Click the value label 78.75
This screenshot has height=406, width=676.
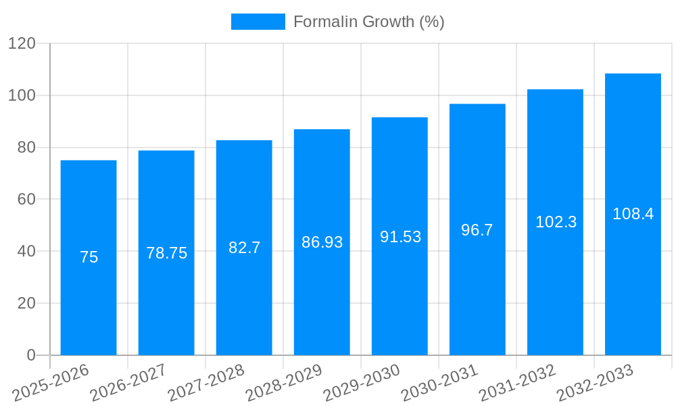166,253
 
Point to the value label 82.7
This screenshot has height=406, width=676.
244,248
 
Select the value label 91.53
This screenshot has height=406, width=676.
400,237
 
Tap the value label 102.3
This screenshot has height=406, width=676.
556,222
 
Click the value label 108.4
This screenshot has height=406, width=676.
633,214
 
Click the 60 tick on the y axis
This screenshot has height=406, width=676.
26,200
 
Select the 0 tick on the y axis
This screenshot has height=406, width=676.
31,355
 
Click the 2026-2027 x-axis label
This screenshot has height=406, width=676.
128,383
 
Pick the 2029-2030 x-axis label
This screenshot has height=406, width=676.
362,383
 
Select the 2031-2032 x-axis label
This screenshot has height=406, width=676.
517,383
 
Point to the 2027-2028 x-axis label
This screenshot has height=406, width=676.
206,383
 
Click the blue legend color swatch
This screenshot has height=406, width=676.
258,22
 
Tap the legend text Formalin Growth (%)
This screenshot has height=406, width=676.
368,22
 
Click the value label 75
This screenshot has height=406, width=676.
89,257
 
